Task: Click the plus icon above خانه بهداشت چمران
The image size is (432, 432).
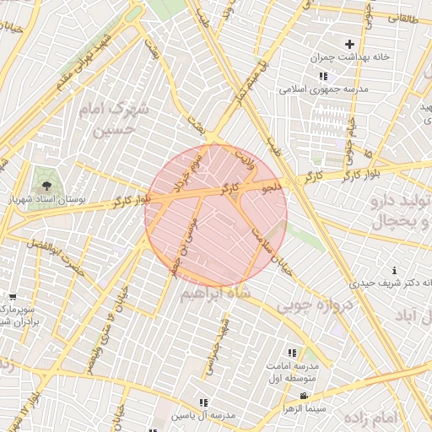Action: [349, 44]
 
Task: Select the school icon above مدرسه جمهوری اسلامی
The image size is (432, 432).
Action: [322, 76]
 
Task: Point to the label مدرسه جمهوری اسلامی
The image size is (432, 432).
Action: [323, 89]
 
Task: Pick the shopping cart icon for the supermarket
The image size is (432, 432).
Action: [12, 297]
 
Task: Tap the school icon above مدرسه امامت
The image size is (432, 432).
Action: [292, 353]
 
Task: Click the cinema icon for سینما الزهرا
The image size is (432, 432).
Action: [304, 397]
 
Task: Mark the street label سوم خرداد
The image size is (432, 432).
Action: [184, 174]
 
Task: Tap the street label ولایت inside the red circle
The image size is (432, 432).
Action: [242, 157]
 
